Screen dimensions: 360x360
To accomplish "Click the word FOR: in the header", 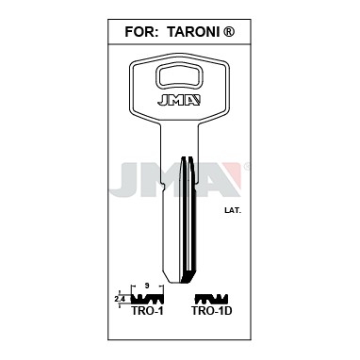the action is (x=141, y=32).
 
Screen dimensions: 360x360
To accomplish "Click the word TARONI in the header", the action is (x=193, y=32).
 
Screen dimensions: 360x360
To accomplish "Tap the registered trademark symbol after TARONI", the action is (x=228, y=31).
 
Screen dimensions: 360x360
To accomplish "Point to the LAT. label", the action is (x=233, y=211).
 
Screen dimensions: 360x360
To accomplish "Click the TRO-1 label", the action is (x=147, y=311).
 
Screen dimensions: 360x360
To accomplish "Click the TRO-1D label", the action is (x=212, y=311).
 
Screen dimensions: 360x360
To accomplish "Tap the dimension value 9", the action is (x=148, y=286).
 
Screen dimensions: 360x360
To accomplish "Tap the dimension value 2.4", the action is (x=120, y=300).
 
